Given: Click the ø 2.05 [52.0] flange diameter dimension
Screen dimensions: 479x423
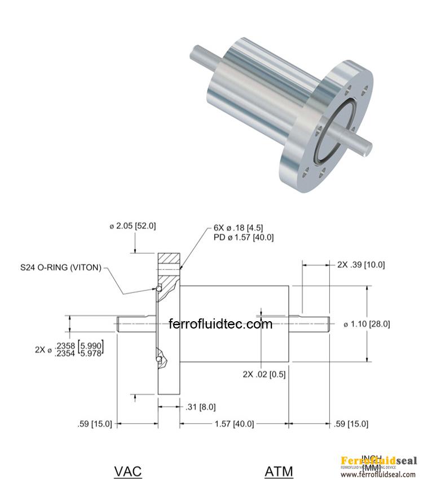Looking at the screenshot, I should pyautogui.click(x=133, y=226).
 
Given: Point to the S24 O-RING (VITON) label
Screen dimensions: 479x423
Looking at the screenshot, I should pyautogui.click(x=61, y=267).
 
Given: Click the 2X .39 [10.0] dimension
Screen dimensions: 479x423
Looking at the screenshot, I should pyautogui.click(x=361, y=264).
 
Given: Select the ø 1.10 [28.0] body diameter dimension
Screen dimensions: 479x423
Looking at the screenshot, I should pyautogui.click(x=367, y=324).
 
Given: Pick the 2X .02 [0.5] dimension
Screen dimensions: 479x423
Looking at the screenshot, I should pyautogui.click(x=264, y=374).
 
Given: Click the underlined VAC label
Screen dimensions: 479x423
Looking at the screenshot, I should pyautogui.click(x=128, y=471).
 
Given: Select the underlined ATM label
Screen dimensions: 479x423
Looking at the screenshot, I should pyautogui.click(x=279, y=471).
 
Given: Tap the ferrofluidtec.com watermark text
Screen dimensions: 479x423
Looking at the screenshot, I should pyautogui.click(x=221, y=324).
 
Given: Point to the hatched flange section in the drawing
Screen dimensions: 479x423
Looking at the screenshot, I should pyautogui.click(x=169, y=260).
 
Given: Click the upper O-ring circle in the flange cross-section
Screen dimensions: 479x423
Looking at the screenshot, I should pyautogui.click(x=160, y=289).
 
